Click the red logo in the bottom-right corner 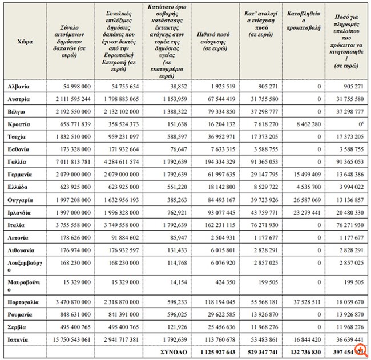(x=360, y=351)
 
